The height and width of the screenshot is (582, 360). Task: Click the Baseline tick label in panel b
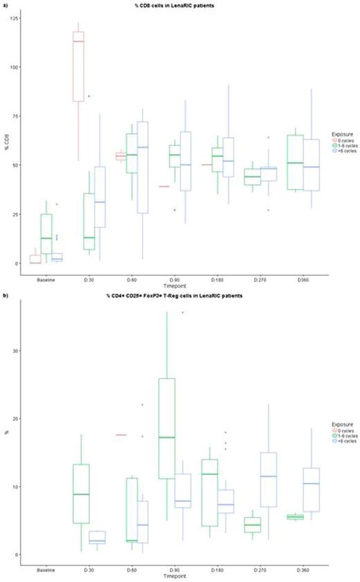click(48, 569)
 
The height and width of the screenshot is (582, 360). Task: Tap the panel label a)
click(5, 4)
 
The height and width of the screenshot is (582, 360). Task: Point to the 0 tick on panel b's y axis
click(26, 554)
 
